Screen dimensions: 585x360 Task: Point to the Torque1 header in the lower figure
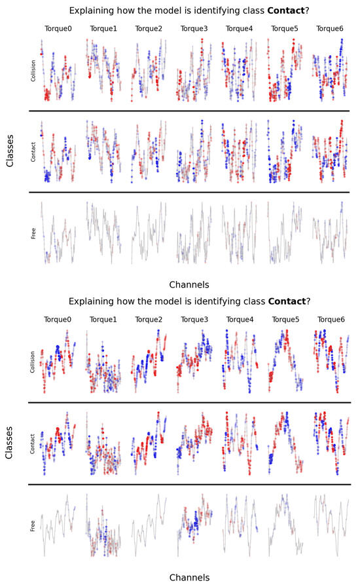tap(101, 320)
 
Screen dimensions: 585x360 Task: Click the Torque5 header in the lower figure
tap(283, 320)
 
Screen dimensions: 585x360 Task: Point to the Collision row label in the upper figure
tap(33, 70)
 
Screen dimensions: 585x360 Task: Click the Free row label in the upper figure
tap(33, 233)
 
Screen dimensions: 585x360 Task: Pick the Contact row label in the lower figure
tap(33, 443)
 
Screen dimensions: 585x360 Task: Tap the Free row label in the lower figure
tap(33, 525)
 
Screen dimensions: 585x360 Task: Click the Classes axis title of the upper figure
tap(10, 152)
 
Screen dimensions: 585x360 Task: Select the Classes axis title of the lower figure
tap(10, 443)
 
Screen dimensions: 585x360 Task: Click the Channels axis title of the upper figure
tap(189, 286)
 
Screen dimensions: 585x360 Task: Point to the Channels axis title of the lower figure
tap(189, 577)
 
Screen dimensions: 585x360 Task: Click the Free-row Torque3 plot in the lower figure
tap(194, 525)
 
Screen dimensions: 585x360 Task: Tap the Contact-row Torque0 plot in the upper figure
tap(58, 151)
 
